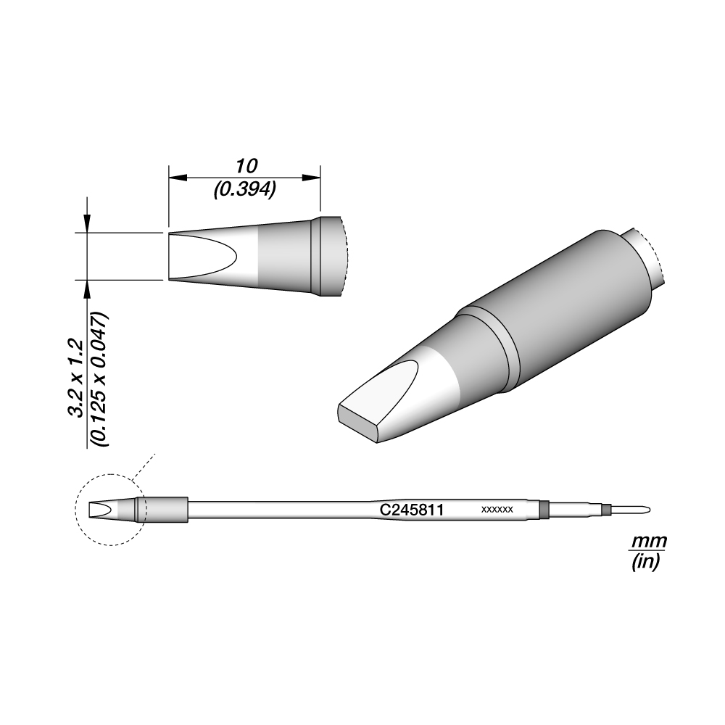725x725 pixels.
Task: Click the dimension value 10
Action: (x=246, y=166)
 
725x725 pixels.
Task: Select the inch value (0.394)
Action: (x=244, y=189)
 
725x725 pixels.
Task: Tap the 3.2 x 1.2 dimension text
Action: (x=75, y=378)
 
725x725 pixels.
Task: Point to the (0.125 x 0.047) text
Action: (x=100, y=380)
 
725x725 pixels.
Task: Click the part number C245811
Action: (x=412, y=510)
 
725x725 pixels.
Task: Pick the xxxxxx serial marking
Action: (x=497, y=510)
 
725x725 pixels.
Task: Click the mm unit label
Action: (x=649, y=540)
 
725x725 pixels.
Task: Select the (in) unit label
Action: (x=646, y=562)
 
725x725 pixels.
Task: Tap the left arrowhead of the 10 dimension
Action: (x=178, y=178)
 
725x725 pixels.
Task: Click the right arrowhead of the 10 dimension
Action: (x=312, y=178)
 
